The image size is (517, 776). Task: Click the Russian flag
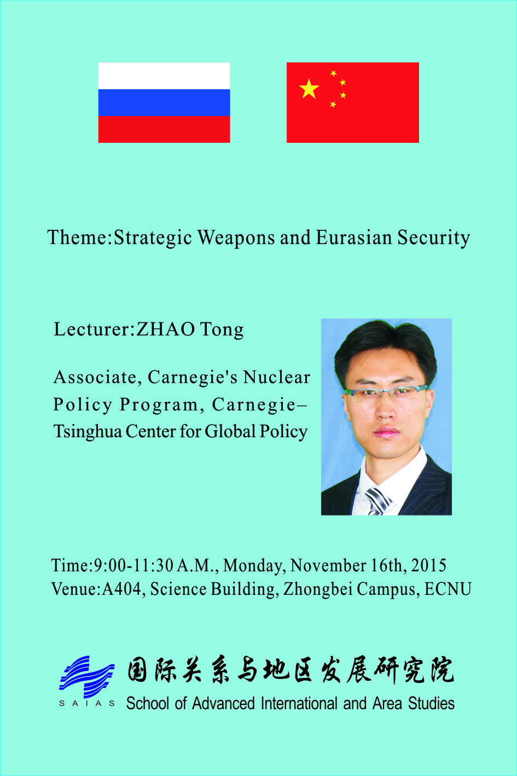pyautogui.click(x=164, y=102)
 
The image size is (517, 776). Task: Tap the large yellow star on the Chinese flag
pyautogui.click(x=309, y=89)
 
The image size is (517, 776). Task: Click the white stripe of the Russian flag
pyautogui.click(x=164, y=76)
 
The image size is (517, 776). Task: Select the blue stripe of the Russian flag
pyautogui.click(x=164, y=102)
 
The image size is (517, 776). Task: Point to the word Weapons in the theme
pyautogui.click(x=236, y=239)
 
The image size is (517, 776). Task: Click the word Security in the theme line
pyautogui.click(x=433, y=239)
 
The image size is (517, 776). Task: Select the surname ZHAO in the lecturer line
pyautogui.click(x=166, y=329)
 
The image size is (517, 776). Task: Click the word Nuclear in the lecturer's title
pyautogui.click(x=276, y=377)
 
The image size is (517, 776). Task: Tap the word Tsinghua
pyautogui.click(x=88, y=432)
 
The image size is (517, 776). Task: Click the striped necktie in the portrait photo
pyautogui.click(x=378, y=501)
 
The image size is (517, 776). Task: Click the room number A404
pyautogui.click(x=121, y=589)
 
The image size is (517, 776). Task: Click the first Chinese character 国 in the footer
pyautogui.click(x=137, y=670)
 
